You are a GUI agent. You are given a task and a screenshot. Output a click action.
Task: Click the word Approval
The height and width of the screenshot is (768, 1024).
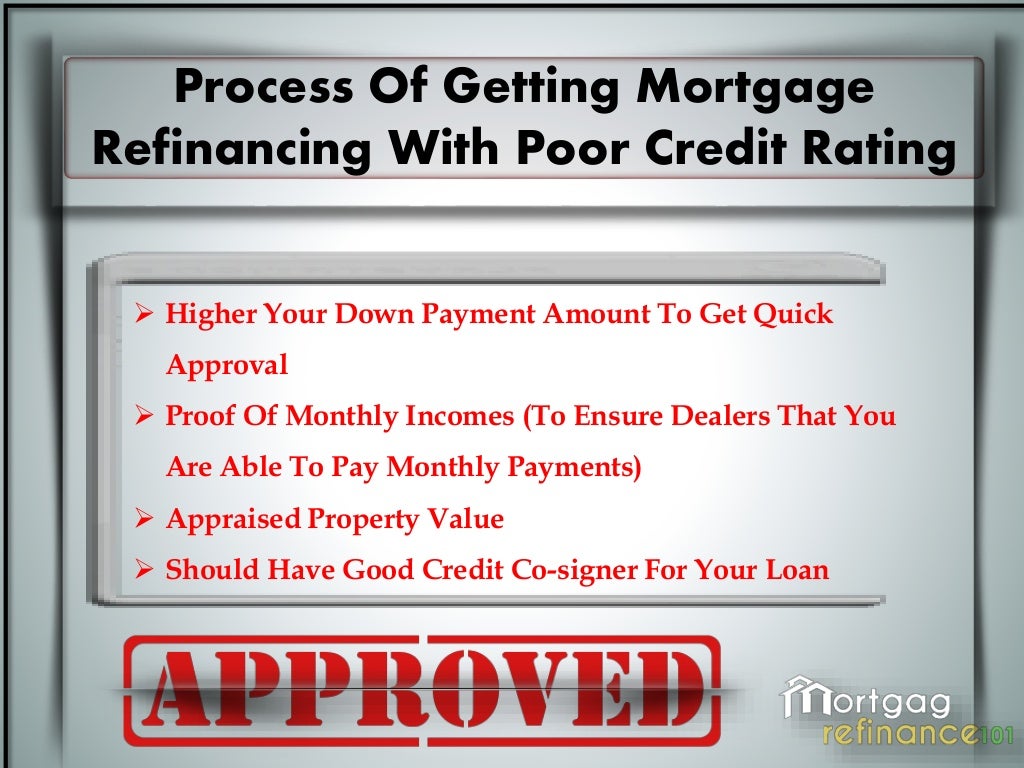227,366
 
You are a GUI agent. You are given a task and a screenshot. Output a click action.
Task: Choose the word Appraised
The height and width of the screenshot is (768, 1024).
233,519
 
